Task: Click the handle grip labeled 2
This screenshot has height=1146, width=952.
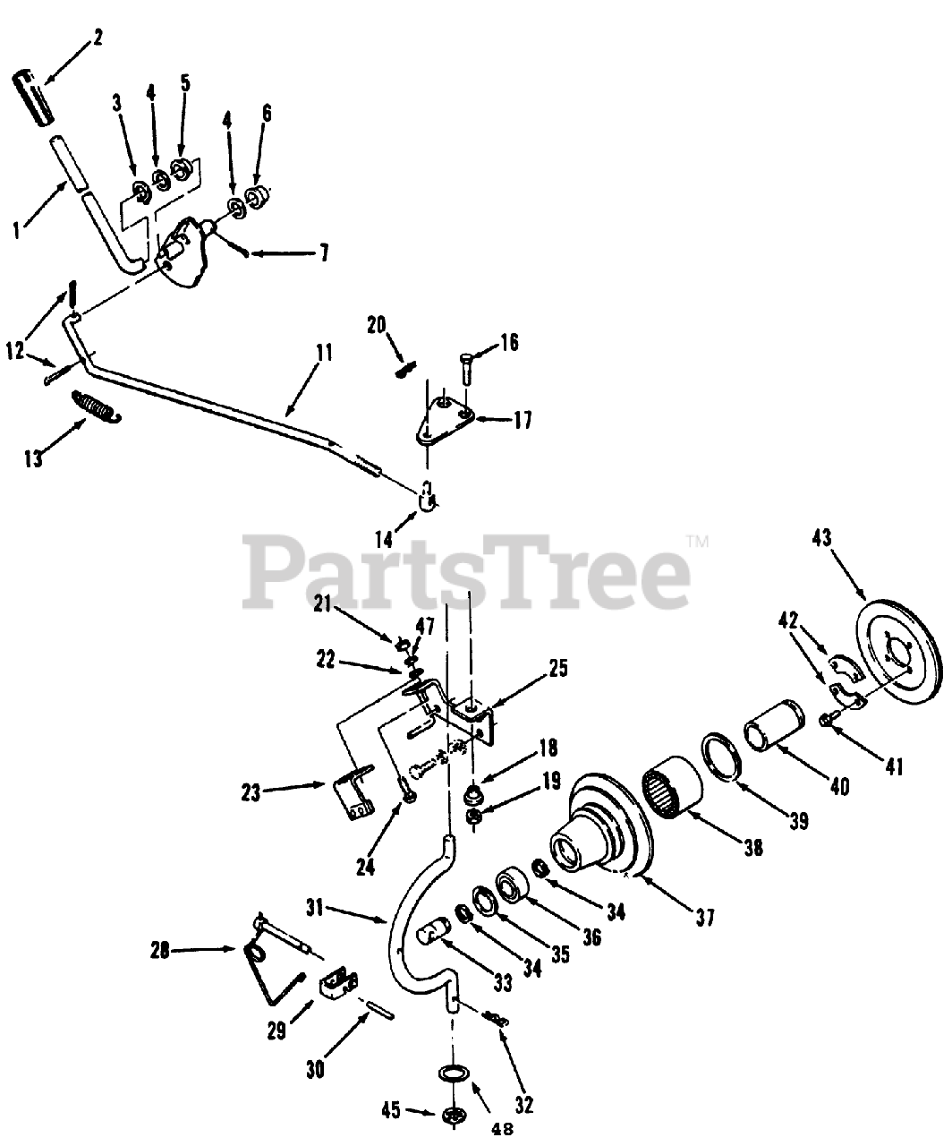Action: pos(31,91)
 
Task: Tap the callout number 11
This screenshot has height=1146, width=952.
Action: pos(324,353)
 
